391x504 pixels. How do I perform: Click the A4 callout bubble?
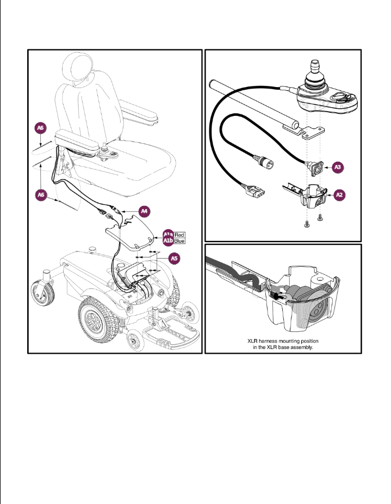[144, 210]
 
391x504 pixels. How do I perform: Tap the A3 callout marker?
[338, 167]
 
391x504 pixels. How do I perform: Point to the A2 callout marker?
[339, 193]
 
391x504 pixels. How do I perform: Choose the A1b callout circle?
[167, 241]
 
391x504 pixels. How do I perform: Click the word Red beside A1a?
[180, 234]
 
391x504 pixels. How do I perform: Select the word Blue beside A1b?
[180, 241]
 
